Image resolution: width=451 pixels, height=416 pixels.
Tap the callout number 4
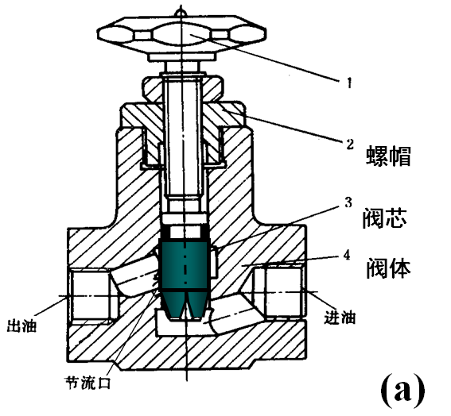[x=347, y=256]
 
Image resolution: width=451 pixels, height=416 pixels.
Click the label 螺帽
[x=388, y=155]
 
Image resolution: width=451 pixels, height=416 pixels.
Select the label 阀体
[x=388, y=268]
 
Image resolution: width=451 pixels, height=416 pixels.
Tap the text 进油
[x=338, y=318]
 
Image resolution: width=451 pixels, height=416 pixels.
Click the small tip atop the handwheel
[x=182, y=10]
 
